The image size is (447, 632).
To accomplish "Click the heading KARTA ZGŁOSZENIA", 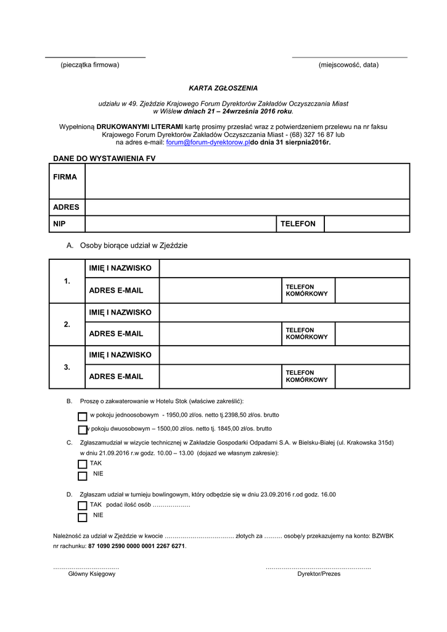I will (x=223, y=88).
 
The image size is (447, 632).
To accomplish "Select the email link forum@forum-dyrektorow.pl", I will (x=208, y=142).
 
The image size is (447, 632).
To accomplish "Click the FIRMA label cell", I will (x=65, y=177).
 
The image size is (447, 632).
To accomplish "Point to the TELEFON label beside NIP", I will (x=298, y=224).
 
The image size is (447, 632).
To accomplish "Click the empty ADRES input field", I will (x=247, y=207).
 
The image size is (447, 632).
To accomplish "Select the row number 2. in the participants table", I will (x=67, y=324).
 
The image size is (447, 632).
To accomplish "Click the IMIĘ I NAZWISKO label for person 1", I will (x=120, y=268).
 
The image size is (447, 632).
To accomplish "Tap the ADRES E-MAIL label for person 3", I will (x=116, y=376).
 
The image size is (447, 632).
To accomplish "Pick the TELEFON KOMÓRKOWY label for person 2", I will (x=306, y=334).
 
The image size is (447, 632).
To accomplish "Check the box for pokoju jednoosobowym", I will (x=83, y=417).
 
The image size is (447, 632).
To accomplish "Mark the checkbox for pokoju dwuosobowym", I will (x=83, y=430).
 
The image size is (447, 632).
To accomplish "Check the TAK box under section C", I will (x=83, y=464).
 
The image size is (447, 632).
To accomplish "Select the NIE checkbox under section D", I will (x=83, y=517).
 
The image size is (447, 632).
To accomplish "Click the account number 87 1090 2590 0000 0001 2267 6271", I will (x=136, y=546).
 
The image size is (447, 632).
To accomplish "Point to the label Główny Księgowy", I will (x=92, y=573).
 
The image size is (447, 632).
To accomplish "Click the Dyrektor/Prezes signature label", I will (x=319, y=573).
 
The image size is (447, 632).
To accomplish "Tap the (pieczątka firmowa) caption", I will (x=89, y=65).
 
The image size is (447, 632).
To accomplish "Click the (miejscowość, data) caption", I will (x=348, y=65).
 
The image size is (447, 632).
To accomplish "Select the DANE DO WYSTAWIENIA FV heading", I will (x=104, y=159).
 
